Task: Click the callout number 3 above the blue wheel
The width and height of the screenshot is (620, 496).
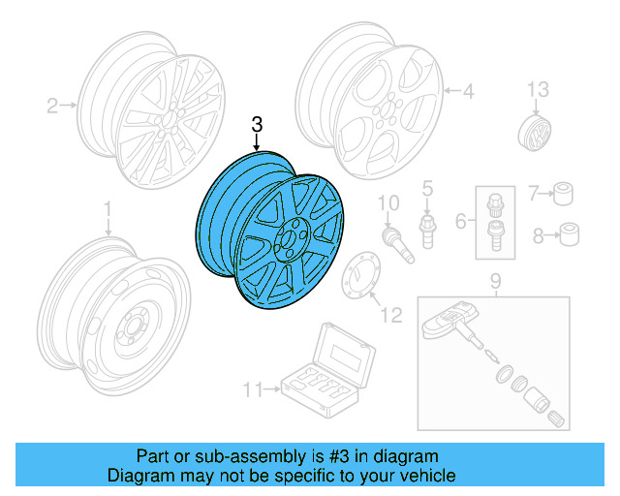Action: point(257,124)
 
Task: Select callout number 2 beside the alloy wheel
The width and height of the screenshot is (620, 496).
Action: point(52,105)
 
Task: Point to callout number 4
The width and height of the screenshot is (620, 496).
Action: point(468,92)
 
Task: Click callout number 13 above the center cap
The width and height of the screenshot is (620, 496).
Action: point(537,91)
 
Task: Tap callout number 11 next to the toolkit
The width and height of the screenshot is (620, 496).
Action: point(252,390)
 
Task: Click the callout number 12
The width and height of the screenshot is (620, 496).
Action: point(390,315)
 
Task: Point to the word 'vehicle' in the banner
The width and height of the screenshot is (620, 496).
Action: point(425,476)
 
